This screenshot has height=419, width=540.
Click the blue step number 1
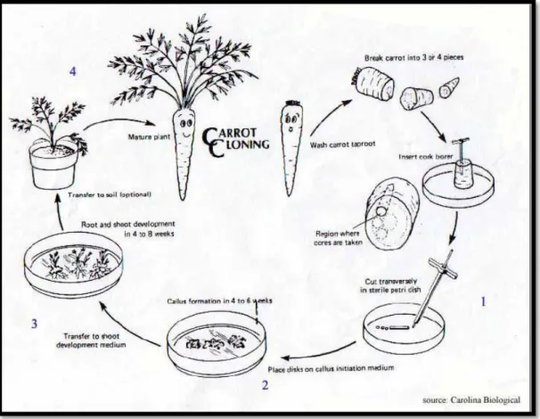pyautogui.click(x=483, y=302)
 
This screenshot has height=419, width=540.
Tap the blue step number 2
pyautogui.click(x=265, y=385)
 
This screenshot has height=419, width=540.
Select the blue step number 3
pyautogui.click(x=34, y=324)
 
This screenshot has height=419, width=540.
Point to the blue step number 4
pyautogui.click(x=73, y=71)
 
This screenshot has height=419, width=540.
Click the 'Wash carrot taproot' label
pyautogui.click(x=343, y=144)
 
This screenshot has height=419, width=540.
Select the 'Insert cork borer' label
pyautogui.click(x=426, y=157)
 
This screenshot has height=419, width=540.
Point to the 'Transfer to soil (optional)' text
pyautogui.click(x=110, y=194)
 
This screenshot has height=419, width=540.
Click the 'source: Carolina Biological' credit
pyautogui.click(x=471, y=399)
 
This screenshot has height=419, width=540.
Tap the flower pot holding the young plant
pyautogui.click(x=53, y=165)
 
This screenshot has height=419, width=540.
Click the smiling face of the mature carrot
pyautogui.click(x=185, y=127)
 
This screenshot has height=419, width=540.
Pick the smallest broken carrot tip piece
pyautogui.click(x=449, y=87)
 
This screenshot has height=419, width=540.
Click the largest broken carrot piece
pyautogui.click(x=373, y=84)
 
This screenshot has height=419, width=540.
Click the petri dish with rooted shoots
pyautogui.click(x=74, y=267)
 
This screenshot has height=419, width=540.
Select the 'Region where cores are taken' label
pyautogui.click(x=338, y=238)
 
